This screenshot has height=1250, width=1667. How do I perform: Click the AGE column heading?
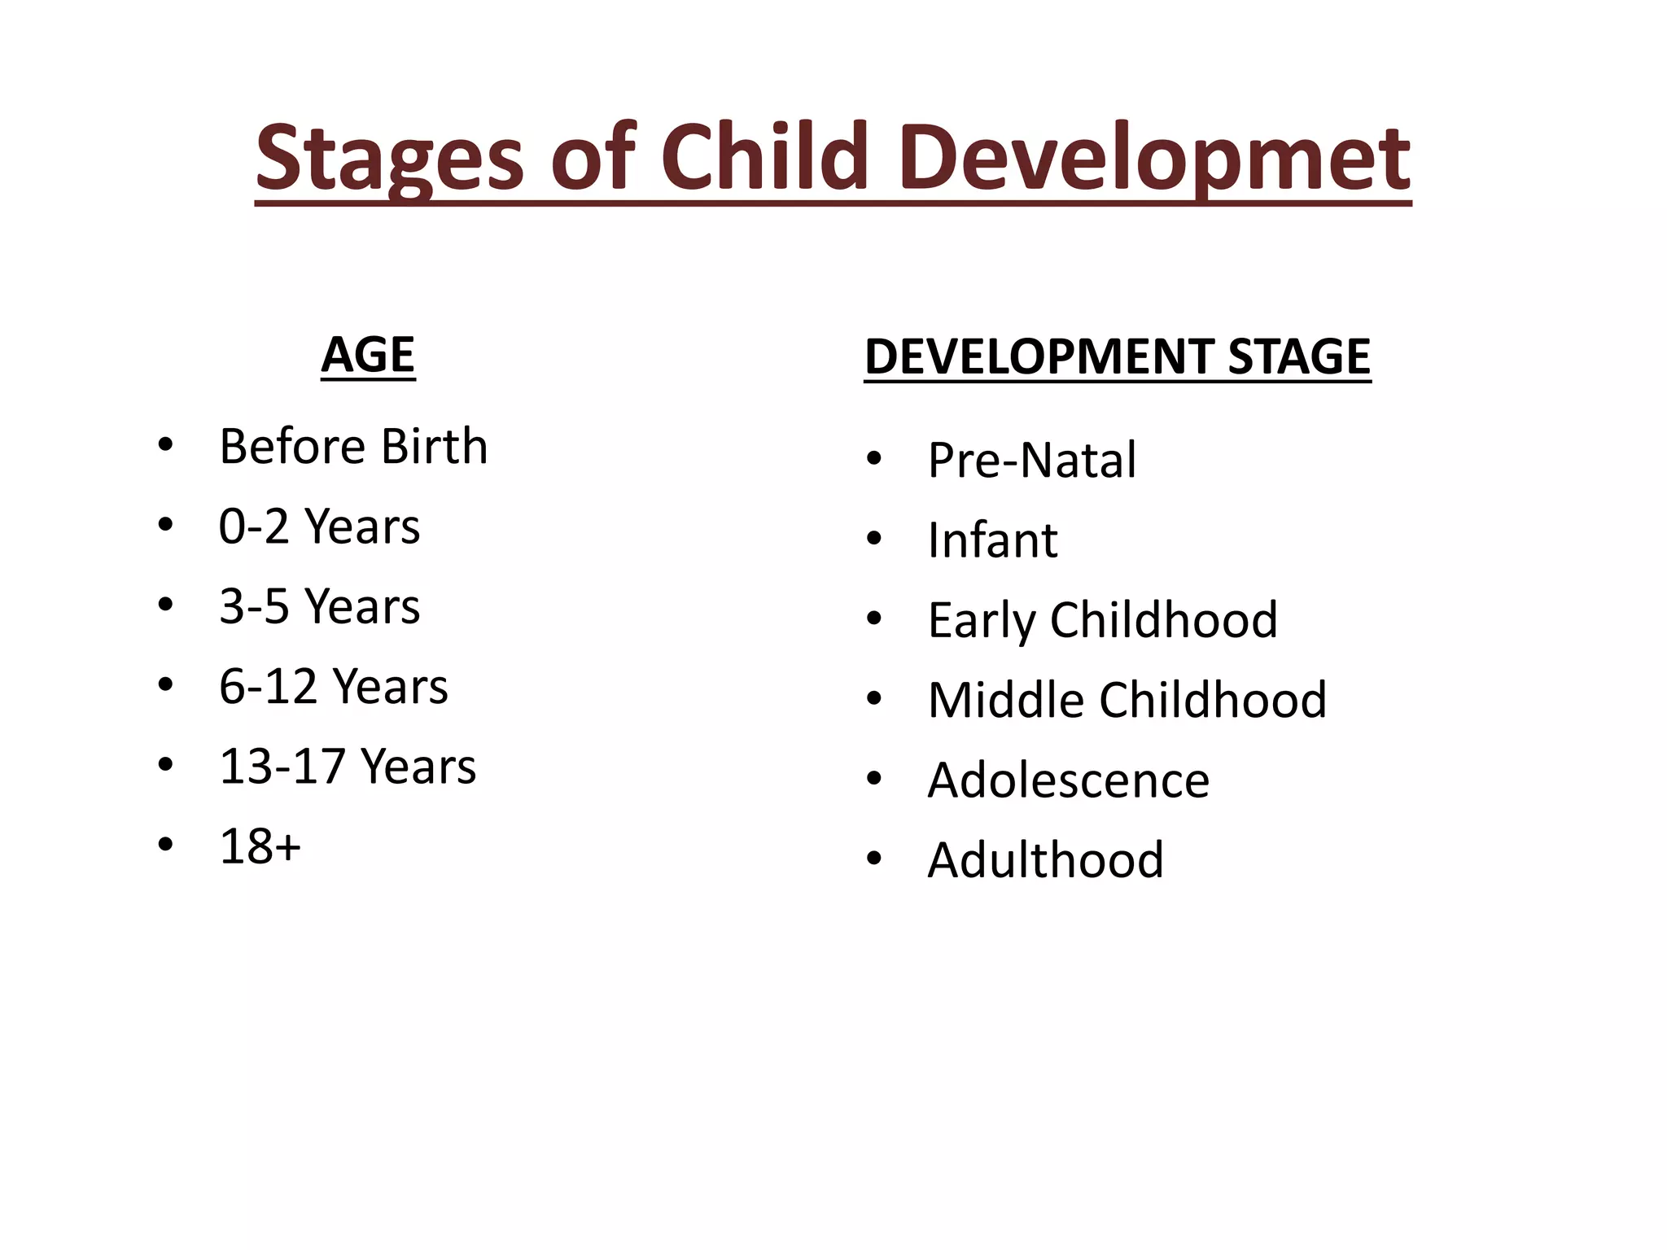[x=368, y=355]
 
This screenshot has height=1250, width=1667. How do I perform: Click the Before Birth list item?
[x=353, y=447]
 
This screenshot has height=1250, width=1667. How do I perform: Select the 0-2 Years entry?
[x=319, y=527]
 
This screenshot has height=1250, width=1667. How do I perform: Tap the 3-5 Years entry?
[x=319, y=606]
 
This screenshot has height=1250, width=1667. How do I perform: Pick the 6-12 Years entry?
[x=333, y=686]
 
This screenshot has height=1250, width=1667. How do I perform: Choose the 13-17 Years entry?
[x=348, y=767]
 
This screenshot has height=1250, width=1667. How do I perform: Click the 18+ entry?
[x=260, y=846]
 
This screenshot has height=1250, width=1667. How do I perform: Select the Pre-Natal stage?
[x=1031, y=461]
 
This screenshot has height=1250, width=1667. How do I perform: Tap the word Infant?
[x=992, y=540]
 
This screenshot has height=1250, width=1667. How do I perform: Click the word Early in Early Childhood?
[x=981, y=621]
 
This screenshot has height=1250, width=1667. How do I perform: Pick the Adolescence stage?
[x=1068, y=780]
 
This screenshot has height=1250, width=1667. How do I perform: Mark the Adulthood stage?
[x=1045, y=860]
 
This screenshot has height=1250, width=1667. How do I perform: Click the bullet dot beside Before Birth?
[x=166, y=445]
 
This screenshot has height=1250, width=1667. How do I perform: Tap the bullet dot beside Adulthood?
[x=874, y=859]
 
